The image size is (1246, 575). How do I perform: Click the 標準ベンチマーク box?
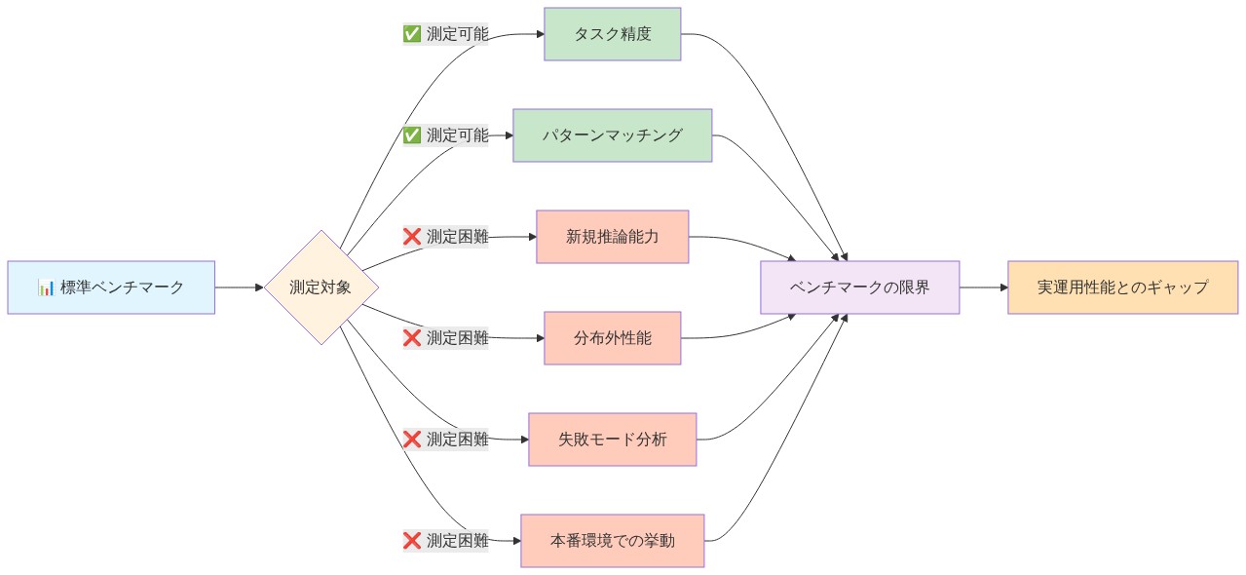(111, 287)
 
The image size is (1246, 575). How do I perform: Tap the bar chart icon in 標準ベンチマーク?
(46, 287)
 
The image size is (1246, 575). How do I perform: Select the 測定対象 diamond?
(321, 287)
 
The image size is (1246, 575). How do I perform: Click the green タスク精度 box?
(612, 34)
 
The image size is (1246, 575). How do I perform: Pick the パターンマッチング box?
(612, 135)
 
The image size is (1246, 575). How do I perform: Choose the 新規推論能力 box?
(612, 237)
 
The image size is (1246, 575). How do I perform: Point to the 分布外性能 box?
(612, 338)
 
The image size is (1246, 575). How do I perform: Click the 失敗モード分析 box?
(612, 440)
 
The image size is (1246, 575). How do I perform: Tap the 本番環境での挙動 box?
(612, 541)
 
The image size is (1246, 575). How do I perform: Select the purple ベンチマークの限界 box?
(859, 287)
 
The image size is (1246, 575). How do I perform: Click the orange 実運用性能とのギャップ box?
(1122, 287)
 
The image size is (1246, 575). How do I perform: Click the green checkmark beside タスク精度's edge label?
(412, 34)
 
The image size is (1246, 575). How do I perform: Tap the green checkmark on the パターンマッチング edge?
(412, 135)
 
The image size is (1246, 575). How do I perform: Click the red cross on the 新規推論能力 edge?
(412, 237)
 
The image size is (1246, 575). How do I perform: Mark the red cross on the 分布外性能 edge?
(412, 338)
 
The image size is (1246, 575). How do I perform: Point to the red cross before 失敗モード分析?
(412, 440)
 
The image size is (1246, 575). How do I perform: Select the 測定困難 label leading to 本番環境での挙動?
(457, 541)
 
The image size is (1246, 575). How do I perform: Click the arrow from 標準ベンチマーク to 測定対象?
(239, 287)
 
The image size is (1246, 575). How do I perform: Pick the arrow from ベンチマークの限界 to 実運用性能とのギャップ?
(983, 287)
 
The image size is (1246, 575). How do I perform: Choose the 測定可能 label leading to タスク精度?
(457, 34)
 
